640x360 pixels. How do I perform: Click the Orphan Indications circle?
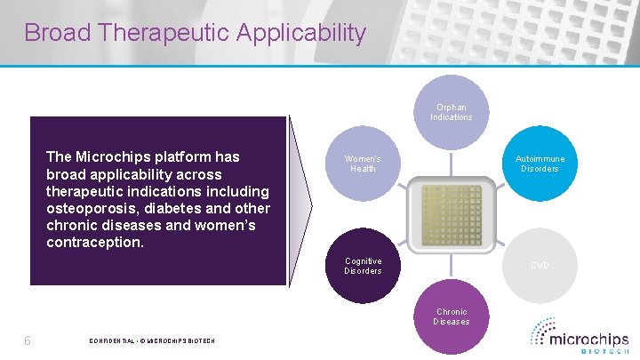pyautogui.click(x=452, y=113)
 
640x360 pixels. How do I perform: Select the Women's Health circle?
pyautogui.click(x=363, y=164)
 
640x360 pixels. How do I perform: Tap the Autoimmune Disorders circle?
pyautogui.click(x=540, y=164)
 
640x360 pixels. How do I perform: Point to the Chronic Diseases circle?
pyautogui.click(x=452, y=316)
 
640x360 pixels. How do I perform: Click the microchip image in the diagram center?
pyautogui.click(x=452, y=215)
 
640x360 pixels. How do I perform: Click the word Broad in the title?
pyautogui.click(x=59, y=34)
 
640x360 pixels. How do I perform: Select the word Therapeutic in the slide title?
pyautogui.click(x=167, y=34)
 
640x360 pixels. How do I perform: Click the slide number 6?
pyautogui.click(x=28, y=341)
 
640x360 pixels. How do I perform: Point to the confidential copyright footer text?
pyautogui.click(x=152, y=342)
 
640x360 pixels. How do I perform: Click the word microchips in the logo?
pyautogui.click(x=588, y=339)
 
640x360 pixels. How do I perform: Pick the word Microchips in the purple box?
pyautogui.click(x=115, y=157)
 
